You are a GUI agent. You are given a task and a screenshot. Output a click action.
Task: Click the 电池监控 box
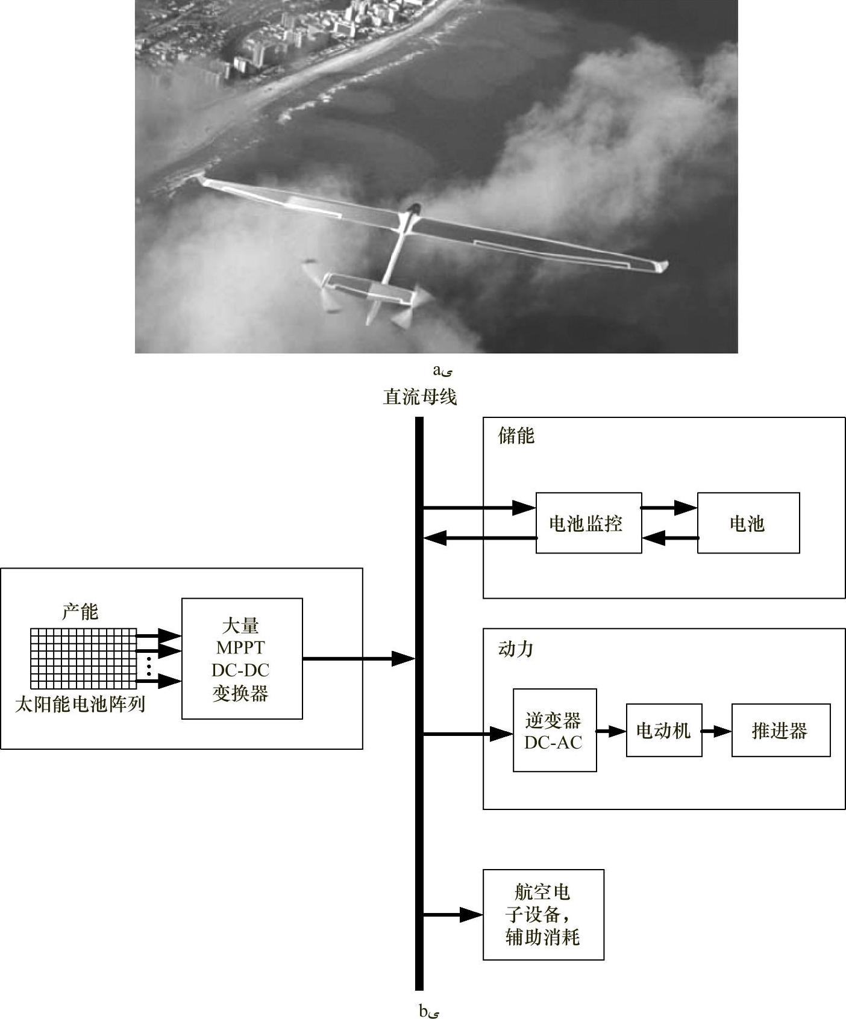[588, 523]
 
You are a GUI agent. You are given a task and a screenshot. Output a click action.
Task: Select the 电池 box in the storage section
[748, 523]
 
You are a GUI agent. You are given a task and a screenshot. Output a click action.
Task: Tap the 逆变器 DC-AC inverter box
[554, 730]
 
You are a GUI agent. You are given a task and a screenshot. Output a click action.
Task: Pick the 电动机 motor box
[663, 730]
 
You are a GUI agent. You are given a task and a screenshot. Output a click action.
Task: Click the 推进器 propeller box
[780, 730]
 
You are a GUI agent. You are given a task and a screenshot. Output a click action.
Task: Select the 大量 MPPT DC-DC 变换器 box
[242, 658]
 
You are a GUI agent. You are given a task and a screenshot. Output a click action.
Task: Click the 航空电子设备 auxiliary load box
[543, 914]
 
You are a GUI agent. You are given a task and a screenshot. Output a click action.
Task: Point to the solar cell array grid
[84, 658]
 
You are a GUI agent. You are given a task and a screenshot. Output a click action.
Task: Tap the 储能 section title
[516, 435]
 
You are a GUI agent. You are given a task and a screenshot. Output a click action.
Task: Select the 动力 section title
[516, 649]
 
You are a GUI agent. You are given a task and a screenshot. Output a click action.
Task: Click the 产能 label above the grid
[80, 612]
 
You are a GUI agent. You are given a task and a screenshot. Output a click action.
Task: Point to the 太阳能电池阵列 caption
[80, 703]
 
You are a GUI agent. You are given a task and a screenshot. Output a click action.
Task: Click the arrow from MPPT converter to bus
[359, 659]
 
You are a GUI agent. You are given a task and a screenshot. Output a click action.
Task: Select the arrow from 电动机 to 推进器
[716, 731]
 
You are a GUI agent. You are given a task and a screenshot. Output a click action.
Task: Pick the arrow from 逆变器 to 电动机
[611, 731]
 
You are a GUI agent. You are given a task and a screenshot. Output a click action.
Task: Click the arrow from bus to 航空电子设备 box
[452, 915]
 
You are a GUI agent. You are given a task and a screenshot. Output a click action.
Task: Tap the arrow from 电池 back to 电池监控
[669, 537]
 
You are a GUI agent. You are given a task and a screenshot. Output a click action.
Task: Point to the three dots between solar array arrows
[149, 665]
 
